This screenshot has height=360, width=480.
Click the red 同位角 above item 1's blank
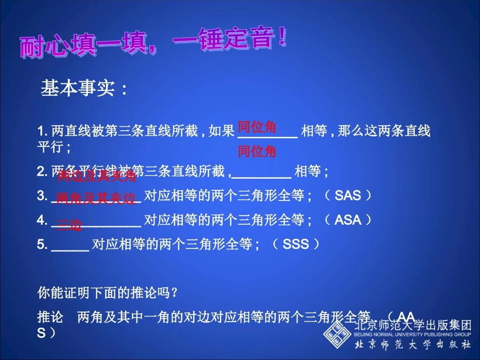(x=257, y=127)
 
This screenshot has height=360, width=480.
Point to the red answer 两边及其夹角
(x=97, y=176)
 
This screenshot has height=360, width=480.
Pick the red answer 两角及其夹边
(x=96, y=199)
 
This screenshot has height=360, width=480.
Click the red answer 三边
(x=69, y=225)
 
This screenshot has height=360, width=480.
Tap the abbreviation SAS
(x=348, y=195)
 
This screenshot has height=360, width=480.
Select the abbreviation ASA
(x=348, y=220)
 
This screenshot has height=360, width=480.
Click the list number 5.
(x=41, y=245)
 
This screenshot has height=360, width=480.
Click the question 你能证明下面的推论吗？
(x=108, y=292)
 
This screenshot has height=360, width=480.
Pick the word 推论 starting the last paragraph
(x=51, y=317)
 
